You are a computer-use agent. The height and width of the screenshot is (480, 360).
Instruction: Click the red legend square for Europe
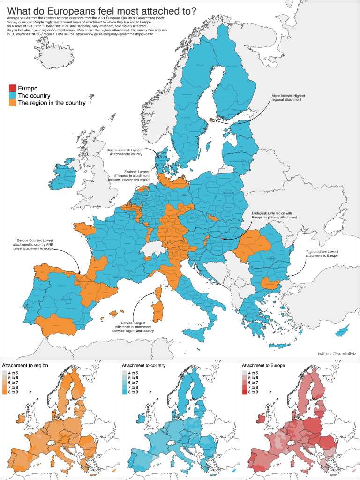pyautogui.click(x=12, y=88)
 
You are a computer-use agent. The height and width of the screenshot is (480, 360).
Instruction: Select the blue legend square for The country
pyautogui.click(x=12, y=96)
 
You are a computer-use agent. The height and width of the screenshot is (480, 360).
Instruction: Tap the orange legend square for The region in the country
pyautogui.click(x=12, y=103)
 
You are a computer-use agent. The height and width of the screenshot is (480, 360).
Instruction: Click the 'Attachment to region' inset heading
pyautogui.click(x=25, y=365)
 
